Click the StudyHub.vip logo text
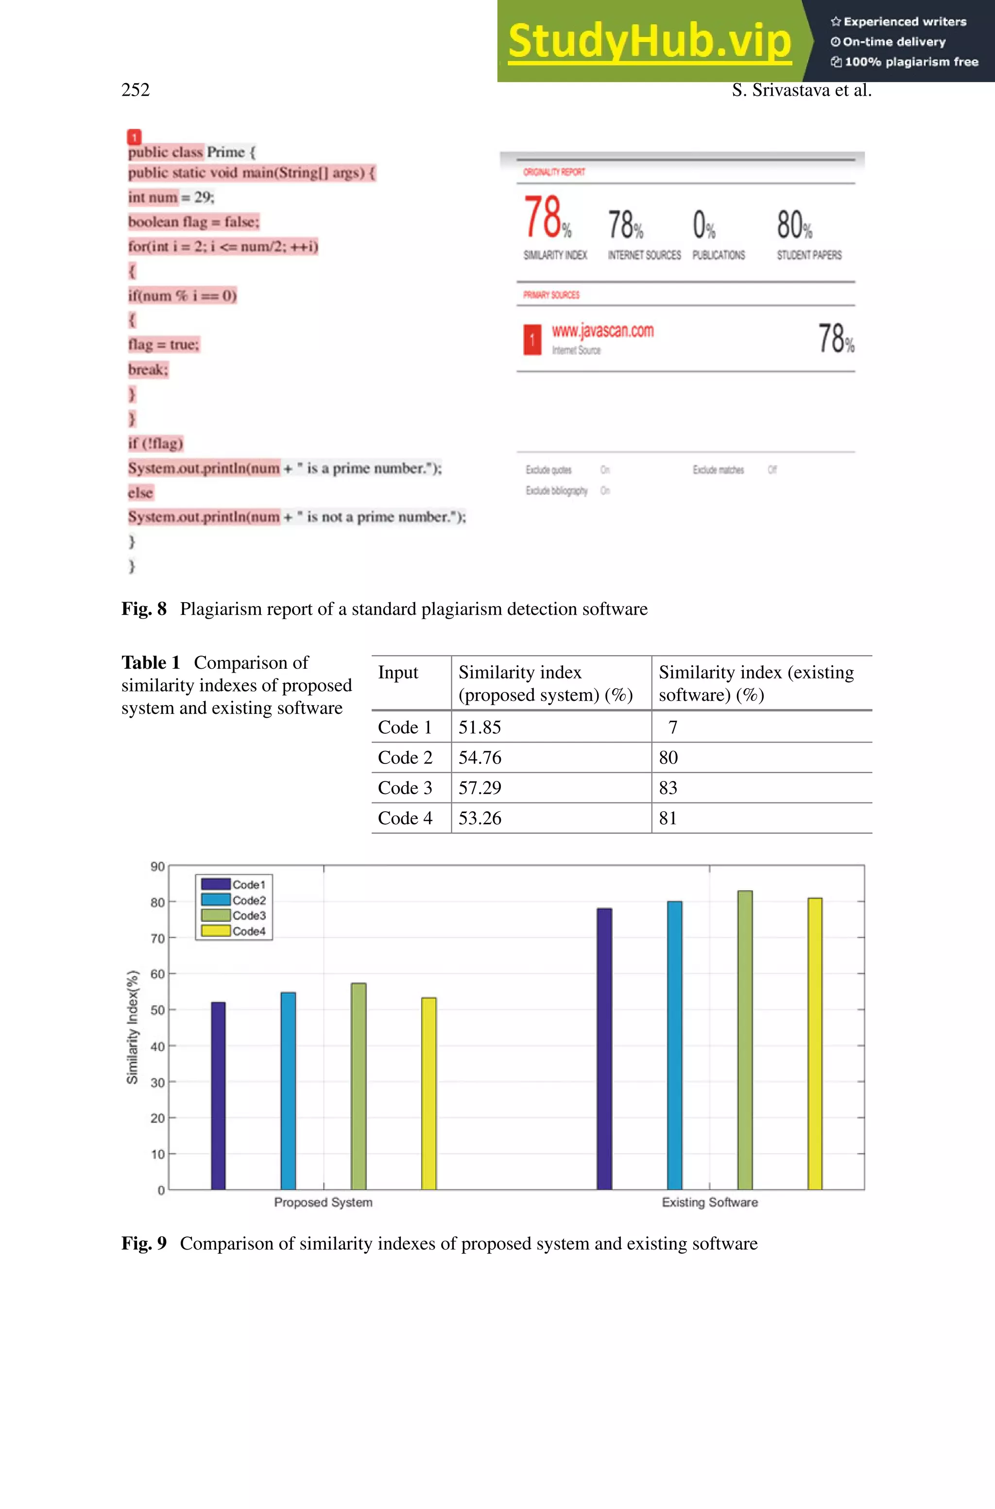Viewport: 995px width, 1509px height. click(x=649, y=41)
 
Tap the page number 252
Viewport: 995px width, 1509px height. click(x=135, y=89)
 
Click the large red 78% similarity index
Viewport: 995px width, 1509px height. click(x=546, y=217)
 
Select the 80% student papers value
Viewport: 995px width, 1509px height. click(x=793, y=225)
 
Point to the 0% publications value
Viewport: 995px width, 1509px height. click(x=703, y=225)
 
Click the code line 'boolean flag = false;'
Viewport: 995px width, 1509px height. click(x=193, y=222)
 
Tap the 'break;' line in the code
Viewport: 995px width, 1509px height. click(x=148, y=369)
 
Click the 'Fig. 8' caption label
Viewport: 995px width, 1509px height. click(x=144, y=608)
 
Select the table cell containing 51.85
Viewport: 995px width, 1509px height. click(x=480, y=727)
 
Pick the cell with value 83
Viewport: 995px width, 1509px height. click(x=668, y=787)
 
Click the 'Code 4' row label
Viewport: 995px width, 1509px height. click(x=405, y=818)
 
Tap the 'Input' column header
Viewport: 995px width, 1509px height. click(x=398, y=673)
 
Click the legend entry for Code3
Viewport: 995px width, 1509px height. click(x=248, y=915)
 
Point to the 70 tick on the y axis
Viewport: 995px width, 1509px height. click(x=157, y=938)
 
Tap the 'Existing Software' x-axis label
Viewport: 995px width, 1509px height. click(x=709, y=1202)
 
